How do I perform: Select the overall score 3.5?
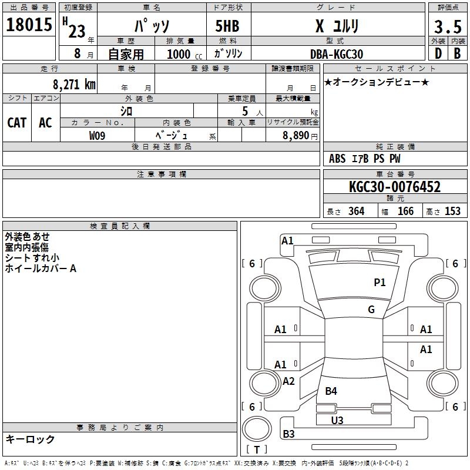[446, 27]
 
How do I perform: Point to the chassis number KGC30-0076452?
[395, 187]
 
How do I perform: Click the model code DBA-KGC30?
[336, 54]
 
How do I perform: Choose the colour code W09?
[98, 135]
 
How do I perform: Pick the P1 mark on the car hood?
[380, 283]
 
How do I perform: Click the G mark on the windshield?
[371, 310]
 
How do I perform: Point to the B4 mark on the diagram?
[331, 391]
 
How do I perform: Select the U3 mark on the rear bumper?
[337, 420]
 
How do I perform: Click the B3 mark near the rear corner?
[289, 434]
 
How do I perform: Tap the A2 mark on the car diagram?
[288, 381]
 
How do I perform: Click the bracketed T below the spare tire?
[257, 450]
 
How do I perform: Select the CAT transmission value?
[17, 122]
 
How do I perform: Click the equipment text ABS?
[337, 159]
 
